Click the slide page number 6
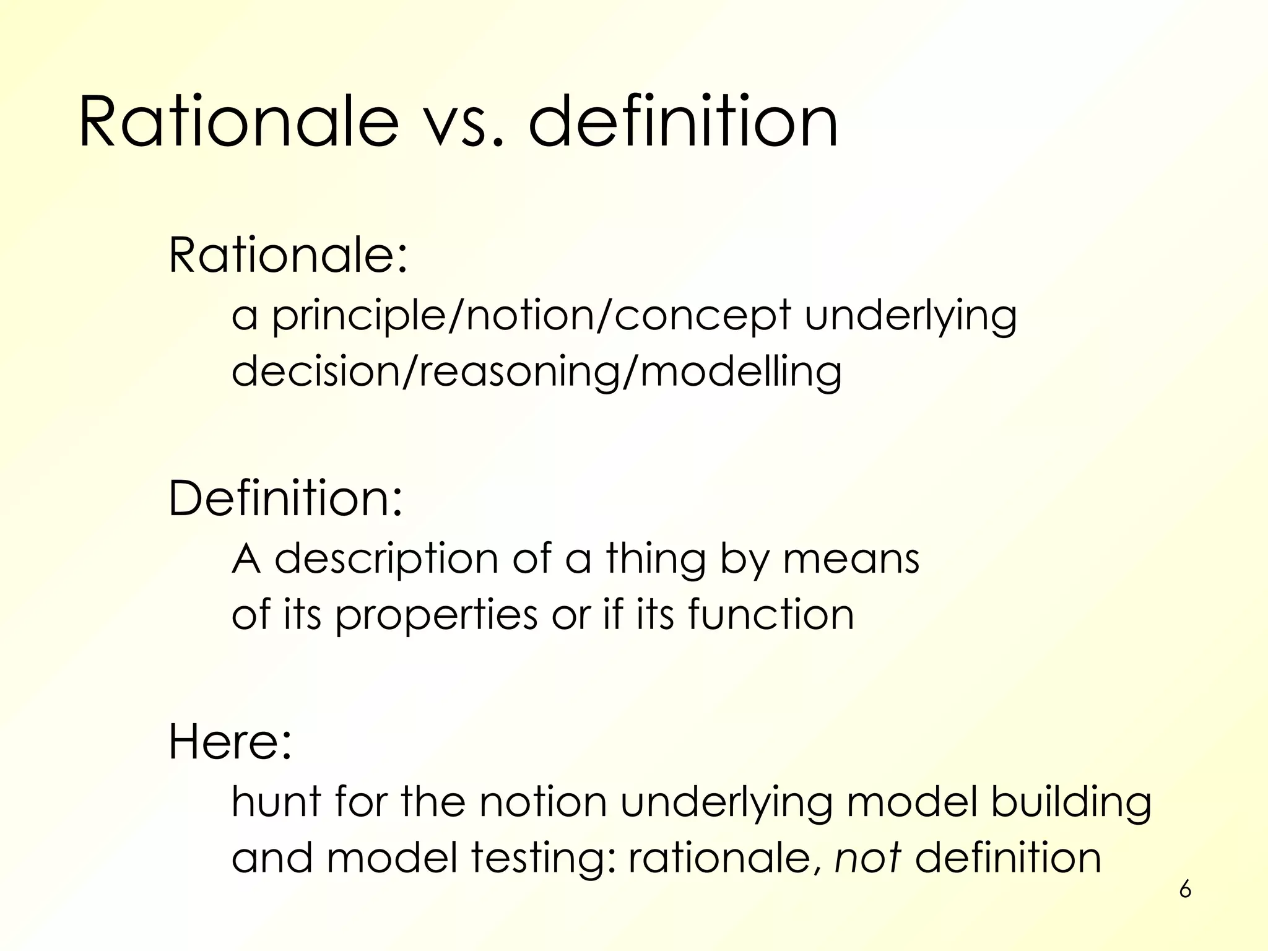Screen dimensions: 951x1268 (1185, 890)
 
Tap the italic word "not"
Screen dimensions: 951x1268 (867, 858)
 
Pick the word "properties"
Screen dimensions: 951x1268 (436, 615)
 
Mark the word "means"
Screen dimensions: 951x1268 (851, 558)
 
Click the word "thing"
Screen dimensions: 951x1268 (656, 558)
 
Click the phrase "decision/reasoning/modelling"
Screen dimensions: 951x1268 (536, 372)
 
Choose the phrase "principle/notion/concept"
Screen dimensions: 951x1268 (531, 316)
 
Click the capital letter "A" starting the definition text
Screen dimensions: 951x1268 (246, 558)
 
